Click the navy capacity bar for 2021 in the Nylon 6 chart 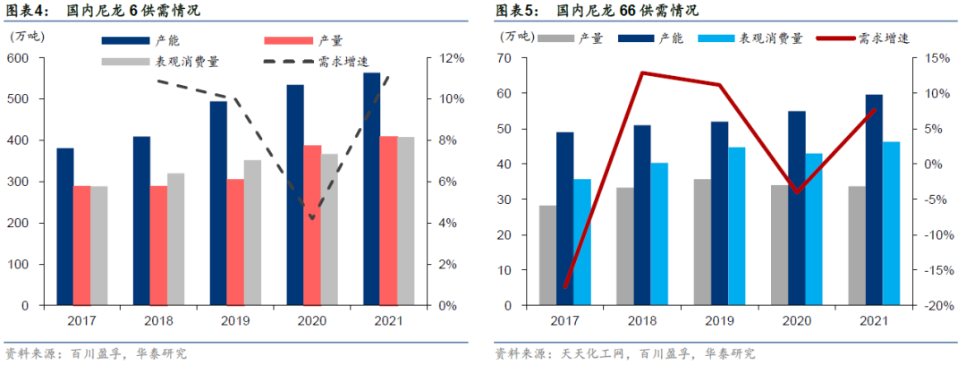371,189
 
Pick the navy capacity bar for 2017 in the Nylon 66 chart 564,218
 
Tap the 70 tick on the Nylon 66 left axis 504,58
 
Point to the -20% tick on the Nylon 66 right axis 931,305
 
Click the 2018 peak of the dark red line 642,72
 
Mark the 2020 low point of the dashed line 311,217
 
